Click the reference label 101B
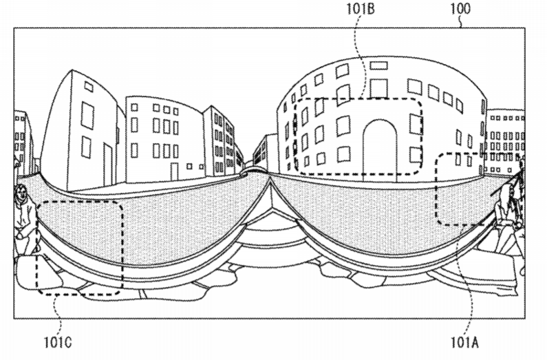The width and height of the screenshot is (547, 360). (x=361, y=10)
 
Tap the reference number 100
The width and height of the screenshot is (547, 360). (x=460, y=9)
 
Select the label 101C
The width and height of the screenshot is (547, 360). (x=58, y=342)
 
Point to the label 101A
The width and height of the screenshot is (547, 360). (x=464, y=342)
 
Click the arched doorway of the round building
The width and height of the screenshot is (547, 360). (x=380, y=151)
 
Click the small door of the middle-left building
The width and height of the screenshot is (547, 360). (x=174, y=171)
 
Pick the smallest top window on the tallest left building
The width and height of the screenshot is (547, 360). (x=89, y=87)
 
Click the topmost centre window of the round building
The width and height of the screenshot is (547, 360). (x=378, y=65)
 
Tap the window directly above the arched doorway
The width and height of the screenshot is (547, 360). (x=379, y=88)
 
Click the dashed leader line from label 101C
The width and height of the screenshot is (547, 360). (x=58, y=314)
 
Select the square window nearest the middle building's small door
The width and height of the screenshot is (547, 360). (x=189, y=167)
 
